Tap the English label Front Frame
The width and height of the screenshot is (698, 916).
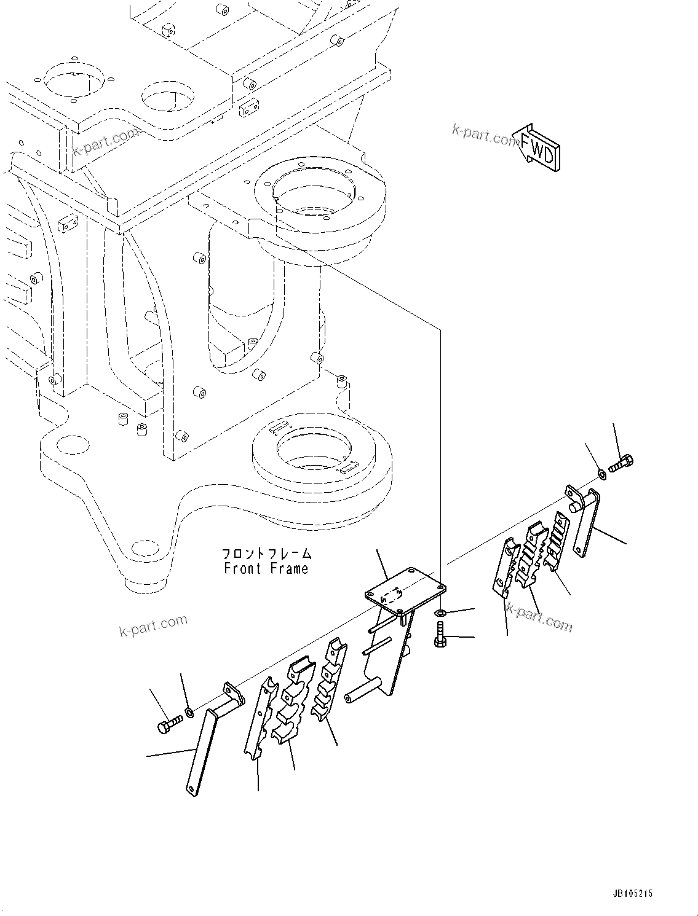pos(266,568)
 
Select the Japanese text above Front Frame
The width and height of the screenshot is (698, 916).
pos(266,554)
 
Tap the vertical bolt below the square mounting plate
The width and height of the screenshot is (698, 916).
pos(440,634)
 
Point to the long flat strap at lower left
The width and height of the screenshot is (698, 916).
pos(200,753)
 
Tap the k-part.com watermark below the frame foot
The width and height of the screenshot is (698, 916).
pos(153,625)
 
